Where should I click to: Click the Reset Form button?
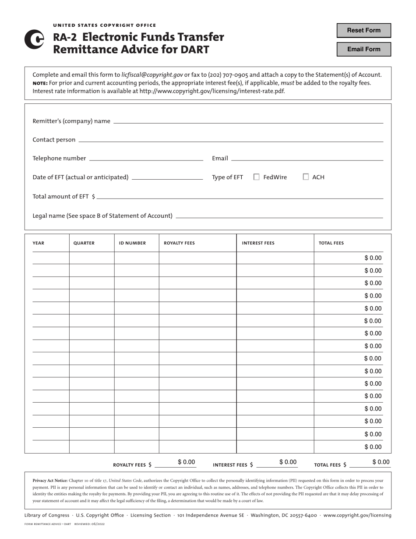point(363,31)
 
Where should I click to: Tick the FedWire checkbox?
point(257,177)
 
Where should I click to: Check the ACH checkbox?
point(306,177)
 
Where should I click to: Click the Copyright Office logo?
point(34,39)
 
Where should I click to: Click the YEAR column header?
point(39,243)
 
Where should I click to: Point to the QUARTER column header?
point(84,243)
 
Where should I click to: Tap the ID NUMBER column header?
point(132,243)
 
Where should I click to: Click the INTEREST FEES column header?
point(258,243)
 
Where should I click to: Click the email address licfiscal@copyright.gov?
point(152,75)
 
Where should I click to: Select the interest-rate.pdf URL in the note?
point(212,91)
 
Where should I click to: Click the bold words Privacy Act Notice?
point(50,481)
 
